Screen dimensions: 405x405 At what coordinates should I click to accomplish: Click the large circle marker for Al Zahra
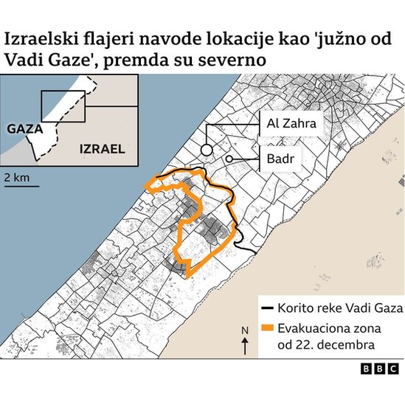point(207,150)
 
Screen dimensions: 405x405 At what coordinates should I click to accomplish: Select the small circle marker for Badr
point(229,159)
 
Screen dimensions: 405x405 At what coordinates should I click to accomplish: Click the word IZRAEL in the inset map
point(99,150)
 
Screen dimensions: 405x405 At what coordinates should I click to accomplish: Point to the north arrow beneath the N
point(244,343)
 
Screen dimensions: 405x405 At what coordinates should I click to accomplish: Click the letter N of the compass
point(244,329)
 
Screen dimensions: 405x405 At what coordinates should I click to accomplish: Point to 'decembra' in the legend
point(349,345)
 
